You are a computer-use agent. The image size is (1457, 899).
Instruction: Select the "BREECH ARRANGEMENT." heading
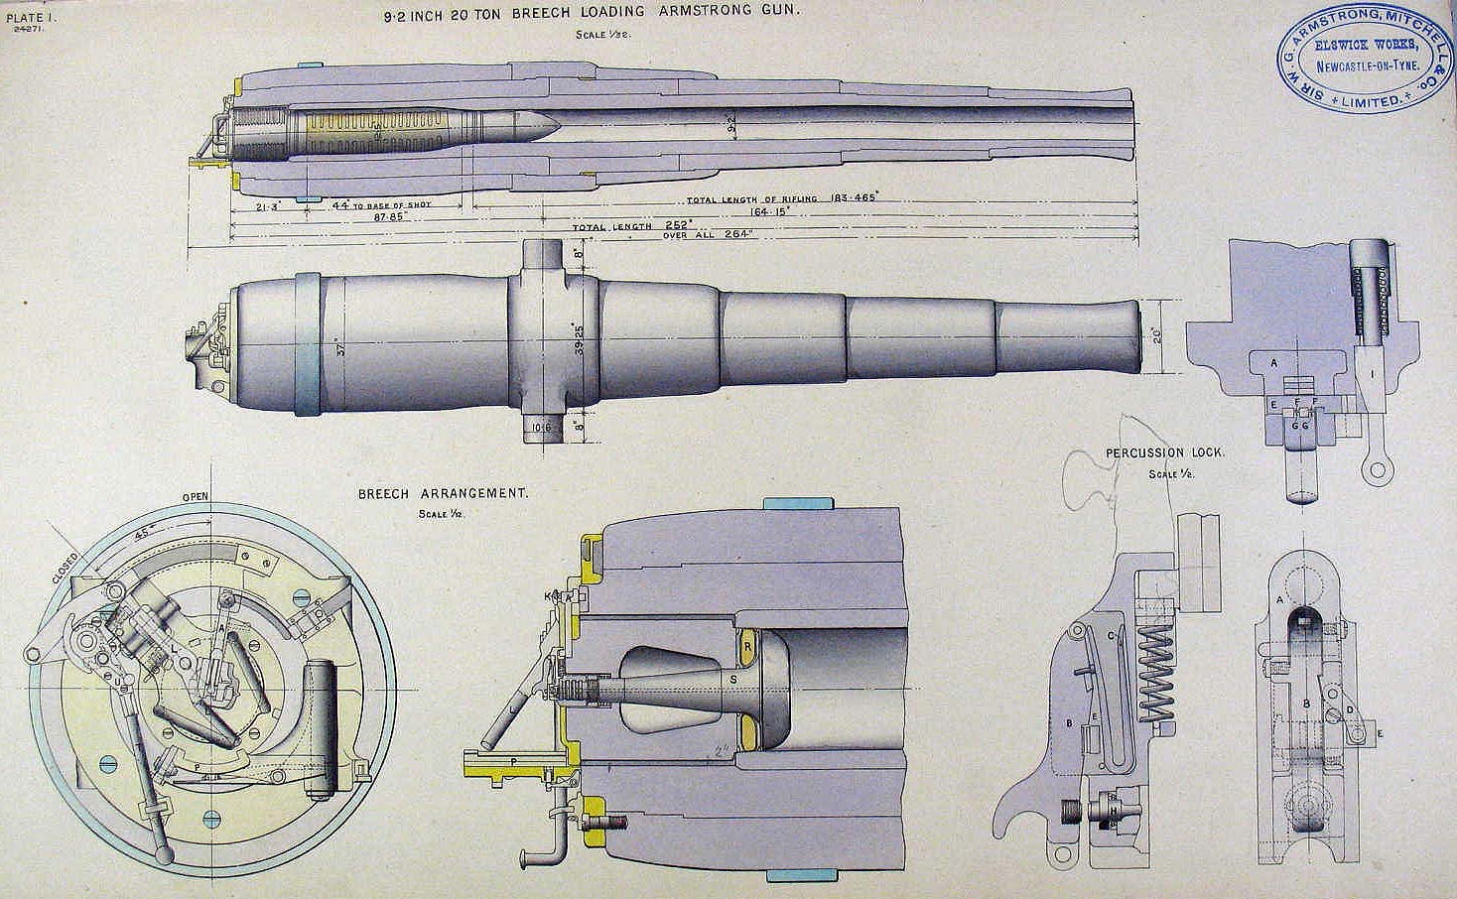[x=443, y=493]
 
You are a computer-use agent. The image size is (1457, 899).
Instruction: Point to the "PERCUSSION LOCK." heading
[x=1165, y=452]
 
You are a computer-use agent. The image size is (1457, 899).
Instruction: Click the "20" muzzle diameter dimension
[x=1154, y=335]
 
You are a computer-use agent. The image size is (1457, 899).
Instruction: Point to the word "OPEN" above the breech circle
[x=196, y=497]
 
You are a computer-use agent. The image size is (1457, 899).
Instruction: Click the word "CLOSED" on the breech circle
[x=66, y=568]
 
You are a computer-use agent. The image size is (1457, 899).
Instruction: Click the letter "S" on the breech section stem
[x=733, y=678]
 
